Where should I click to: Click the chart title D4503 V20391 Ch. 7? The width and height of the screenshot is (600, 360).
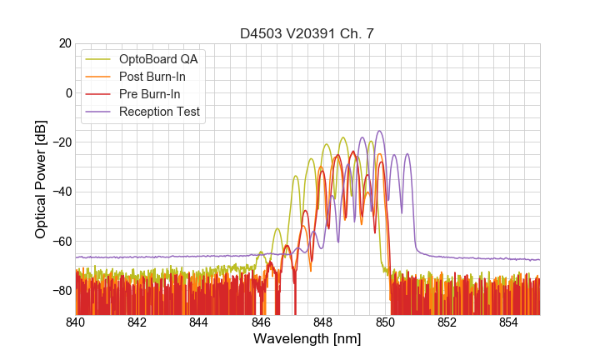point(307,33)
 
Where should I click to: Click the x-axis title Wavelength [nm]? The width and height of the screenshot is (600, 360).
point(307,339)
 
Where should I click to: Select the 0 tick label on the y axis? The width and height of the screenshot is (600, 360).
point(67,92)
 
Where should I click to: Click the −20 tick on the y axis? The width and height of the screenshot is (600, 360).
point(60,142)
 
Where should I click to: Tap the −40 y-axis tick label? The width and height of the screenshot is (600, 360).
point(60,192)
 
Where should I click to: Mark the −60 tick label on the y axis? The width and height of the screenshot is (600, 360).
point(60,242)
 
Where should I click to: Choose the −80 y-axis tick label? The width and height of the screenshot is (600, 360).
point(60,291)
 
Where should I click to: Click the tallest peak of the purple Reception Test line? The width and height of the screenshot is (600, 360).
point(380,131)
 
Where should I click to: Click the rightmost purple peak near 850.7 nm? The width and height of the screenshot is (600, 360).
point(407,154)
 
